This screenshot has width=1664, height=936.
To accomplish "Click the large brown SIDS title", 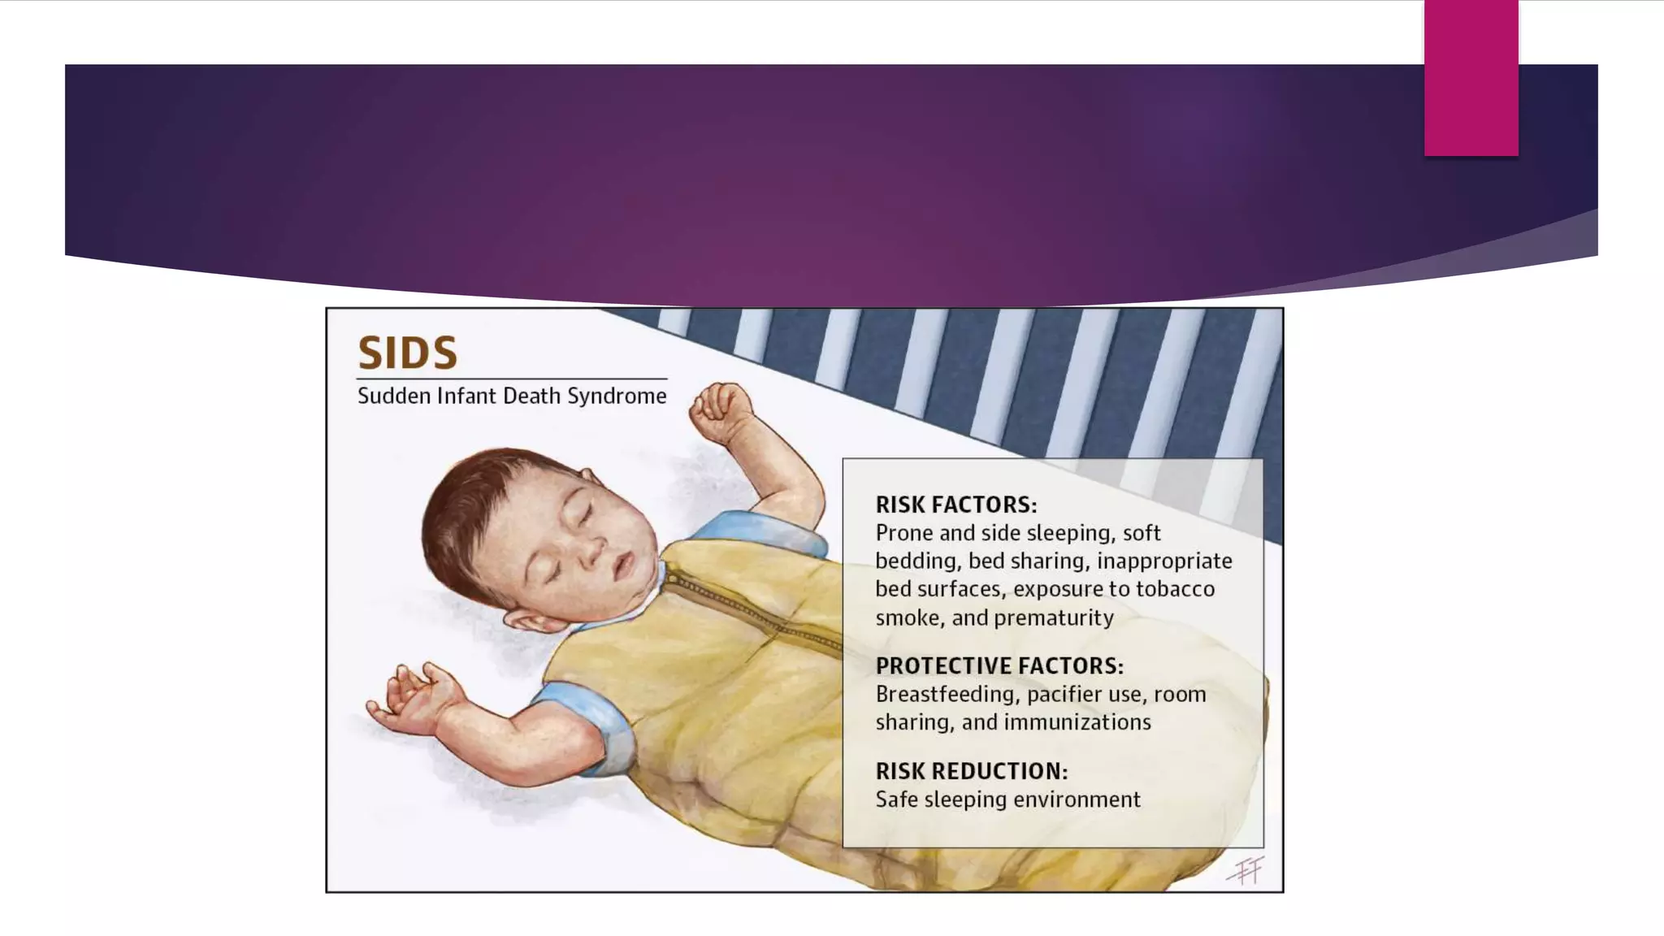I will point(408,353).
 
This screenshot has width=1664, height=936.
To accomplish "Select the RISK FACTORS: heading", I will point(956,505).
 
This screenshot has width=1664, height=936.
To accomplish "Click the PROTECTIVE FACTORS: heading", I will point(999,666).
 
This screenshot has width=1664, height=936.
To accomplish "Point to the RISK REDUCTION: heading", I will point(972,771).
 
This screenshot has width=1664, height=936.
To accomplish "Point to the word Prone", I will point(904,533).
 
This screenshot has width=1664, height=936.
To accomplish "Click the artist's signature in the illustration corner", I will point(1246,871).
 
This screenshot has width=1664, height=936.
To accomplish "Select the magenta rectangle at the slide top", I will point(1471,78).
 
